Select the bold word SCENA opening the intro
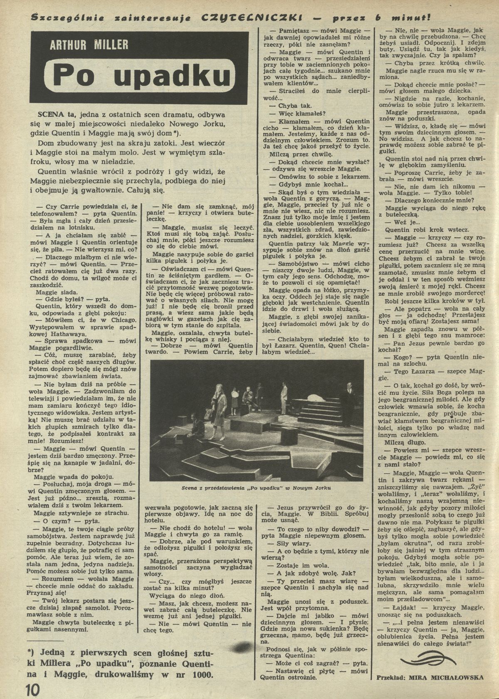[50, 114]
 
